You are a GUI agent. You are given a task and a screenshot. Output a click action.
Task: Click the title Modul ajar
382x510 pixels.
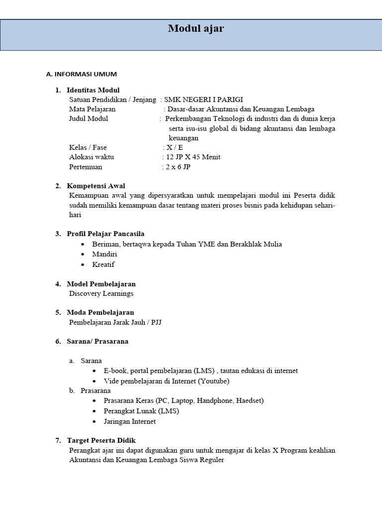[195, 29]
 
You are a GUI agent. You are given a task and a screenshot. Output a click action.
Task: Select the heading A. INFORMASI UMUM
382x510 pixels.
[81, 74]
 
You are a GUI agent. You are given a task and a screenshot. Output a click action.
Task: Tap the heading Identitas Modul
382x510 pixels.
[93, 90]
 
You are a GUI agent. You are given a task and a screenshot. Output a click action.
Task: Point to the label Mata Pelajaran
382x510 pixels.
[92, 109]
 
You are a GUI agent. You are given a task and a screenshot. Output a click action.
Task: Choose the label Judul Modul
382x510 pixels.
[89, 119]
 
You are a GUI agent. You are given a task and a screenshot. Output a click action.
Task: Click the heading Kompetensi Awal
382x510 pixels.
[96, 186]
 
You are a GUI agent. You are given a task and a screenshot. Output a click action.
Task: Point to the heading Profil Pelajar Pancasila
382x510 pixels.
[105, 234]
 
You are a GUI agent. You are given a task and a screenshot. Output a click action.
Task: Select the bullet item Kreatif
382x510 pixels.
[103, 264]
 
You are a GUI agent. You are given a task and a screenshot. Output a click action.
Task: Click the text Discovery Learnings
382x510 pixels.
[101, 293]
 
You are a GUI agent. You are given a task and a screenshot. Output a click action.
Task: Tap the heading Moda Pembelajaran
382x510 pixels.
[100, 312]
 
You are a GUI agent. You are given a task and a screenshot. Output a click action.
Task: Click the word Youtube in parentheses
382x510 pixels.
[213, 381]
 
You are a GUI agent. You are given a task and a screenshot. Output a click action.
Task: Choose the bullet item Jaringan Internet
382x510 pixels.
[130, 421]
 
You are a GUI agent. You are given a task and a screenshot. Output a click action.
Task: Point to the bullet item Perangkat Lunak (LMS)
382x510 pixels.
[141, 411]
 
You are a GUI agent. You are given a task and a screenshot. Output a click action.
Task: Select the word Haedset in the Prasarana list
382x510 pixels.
[249, 400]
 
